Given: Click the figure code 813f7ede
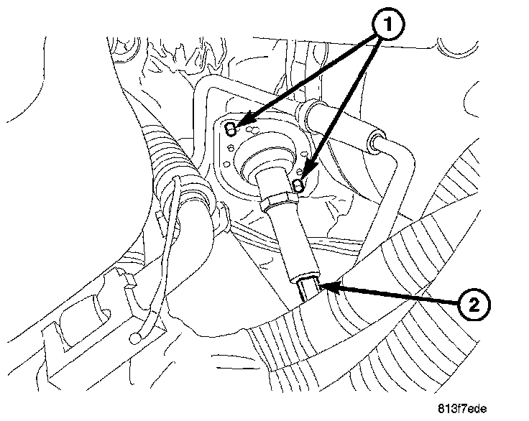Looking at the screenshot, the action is coord(466,408).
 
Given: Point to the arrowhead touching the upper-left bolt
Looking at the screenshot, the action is coord(240,123).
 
